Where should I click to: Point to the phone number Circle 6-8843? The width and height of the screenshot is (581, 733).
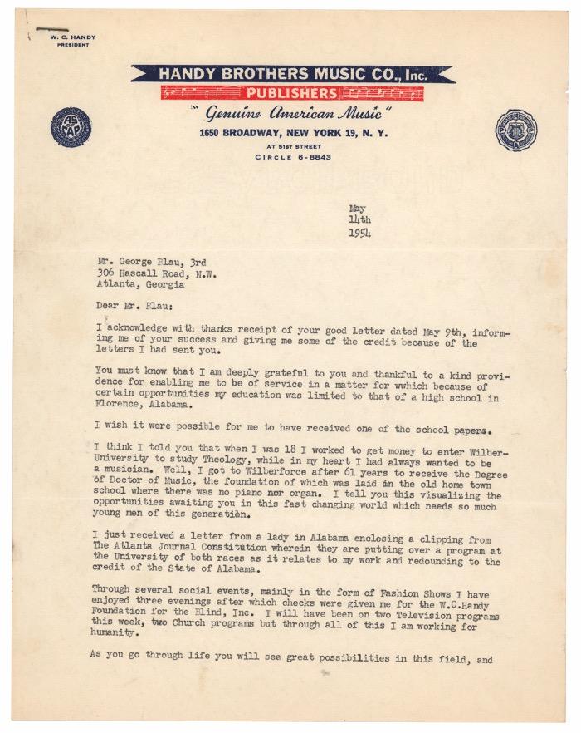click(290, 156)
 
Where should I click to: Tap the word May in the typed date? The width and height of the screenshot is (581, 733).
click(357, 208)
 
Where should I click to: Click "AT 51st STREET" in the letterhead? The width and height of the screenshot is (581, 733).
click(290, 145)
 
